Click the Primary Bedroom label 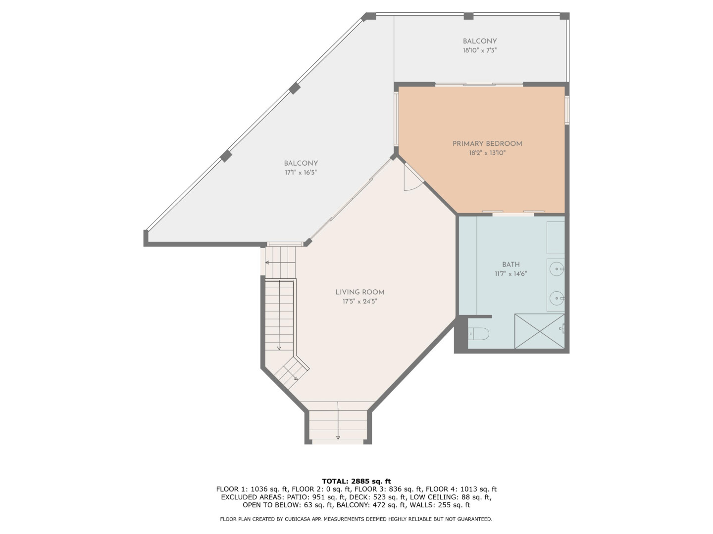click(x=487, y=143)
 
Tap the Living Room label click(x=360, y=292)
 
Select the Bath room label click(x=511, y=265)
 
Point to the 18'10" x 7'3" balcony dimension click(x=480, y=50)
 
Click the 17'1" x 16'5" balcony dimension click(x=301, y=173)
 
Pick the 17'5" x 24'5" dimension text click(x=360, y=302)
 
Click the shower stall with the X click(x=540, y=331)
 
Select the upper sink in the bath click(x=557, y=269)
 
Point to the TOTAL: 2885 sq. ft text click(x=356, y=481)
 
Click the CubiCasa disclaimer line click(x=356, y=519)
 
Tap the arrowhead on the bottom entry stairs click(x=338, y=438)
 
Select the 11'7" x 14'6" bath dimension click(x=511, y=274)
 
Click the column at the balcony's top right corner click(x=565, y=16)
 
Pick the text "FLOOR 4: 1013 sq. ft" click(x=461, y=489)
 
